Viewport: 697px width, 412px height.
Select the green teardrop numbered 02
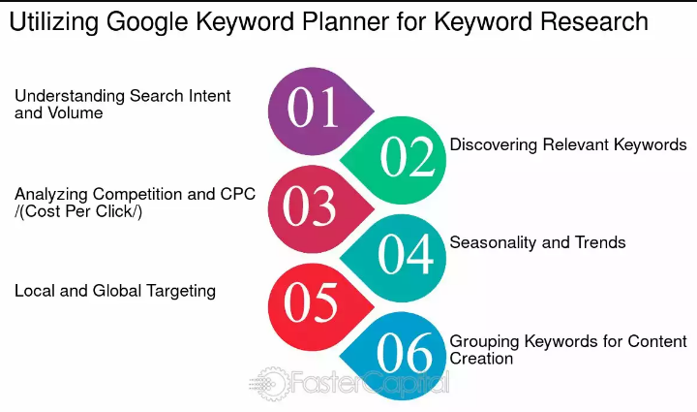(x=398, y=160)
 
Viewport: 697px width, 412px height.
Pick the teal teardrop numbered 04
(x=398, y=258)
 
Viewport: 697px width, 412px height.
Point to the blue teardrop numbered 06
(x=398, y=356)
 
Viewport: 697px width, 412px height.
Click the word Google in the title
(x=147, y=22)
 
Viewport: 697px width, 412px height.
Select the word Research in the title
(x=594, y=21)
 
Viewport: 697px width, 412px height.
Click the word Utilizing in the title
(x=54, y=22)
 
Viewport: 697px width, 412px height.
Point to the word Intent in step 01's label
(x=209, y=96)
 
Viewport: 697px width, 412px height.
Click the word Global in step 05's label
(x=117, y=291)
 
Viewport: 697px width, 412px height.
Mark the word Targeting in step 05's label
(x=181, y=292)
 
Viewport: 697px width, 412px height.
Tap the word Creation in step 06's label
(x=481, y=359)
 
